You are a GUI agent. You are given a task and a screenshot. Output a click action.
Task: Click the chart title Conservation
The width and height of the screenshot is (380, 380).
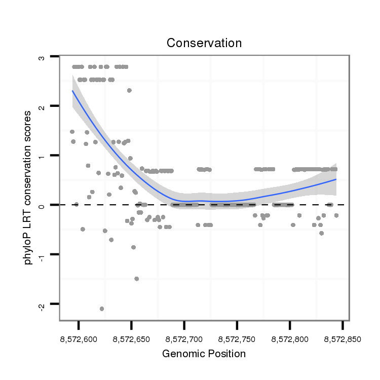(x=204, y=43)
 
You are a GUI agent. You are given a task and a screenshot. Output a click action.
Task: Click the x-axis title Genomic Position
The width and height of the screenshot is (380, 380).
(x=204, y=354)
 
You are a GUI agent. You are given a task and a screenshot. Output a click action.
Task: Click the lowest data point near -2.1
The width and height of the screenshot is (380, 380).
(x=102, y=309)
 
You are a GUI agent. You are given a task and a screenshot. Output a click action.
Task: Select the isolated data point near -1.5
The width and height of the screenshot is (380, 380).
(x=136, y=279)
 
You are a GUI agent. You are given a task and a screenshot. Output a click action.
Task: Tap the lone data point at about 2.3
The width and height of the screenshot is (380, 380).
(x=129, y=90)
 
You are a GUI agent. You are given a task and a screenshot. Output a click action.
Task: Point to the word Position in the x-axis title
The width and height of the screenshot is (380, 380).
(x=226, y=354)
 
